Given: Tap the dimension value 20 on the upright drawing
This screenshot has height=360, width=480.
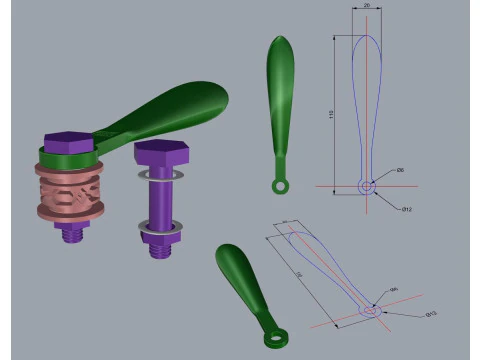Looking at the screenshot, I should (366, 6).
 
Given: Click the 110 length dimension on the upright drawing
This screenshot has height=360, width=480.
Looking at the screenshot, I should (331, 115).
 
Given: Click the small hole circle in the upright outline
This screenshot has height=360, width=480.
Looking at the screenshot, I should (366, 186).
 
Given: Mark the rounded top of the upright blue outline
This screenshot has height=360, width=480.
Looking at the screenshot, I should (366, 37).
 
